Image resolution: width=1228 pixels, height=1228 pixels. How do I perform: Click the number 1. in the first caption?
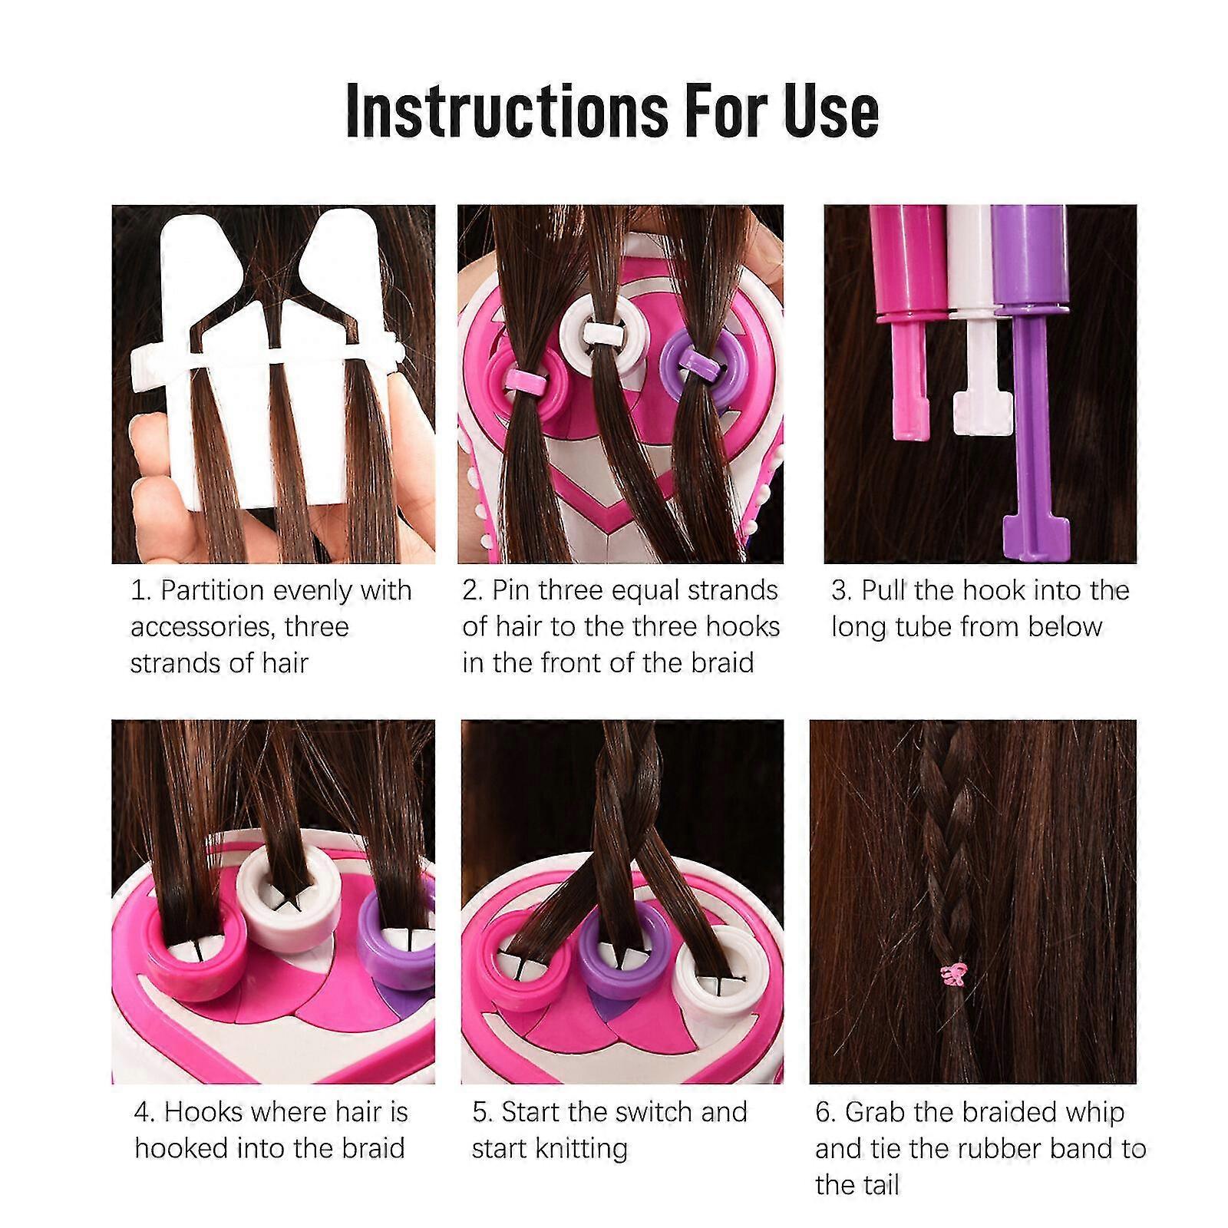(142, 591)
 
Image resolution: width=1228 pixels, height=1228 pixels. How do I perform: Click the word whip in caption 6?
(1088, 1112)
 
